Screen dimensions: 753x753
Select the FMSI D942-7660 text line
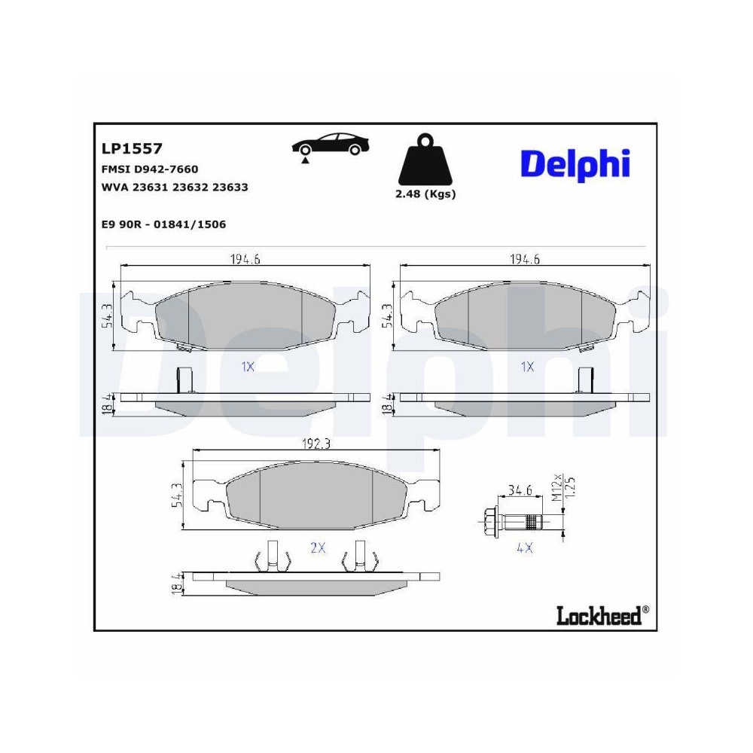(x=149, y=169)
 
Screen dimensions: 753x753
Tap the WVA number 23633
(x=230, y=187)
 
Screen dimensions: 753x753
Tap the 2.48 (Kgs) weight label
(x=425, y=194)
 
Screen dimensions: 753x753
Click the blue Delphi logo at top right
(x=575, y=163)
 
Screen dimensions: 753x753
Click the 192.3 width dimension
(x=316, y=444)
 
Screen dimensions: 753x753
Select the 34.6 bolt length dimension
(x=520, y=490)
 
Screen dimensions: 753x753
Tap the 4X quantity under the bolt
(x=524, y=549)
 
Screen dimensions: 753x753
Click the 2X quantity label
(x=318, y=548)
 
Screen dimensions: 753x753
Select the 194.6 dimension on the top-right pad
(x=526, y=260)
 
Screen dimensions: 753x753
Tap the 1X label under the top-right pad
(x=527, y=367)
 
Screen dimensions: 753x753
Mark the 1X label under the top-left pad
(x=247, y=367)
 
